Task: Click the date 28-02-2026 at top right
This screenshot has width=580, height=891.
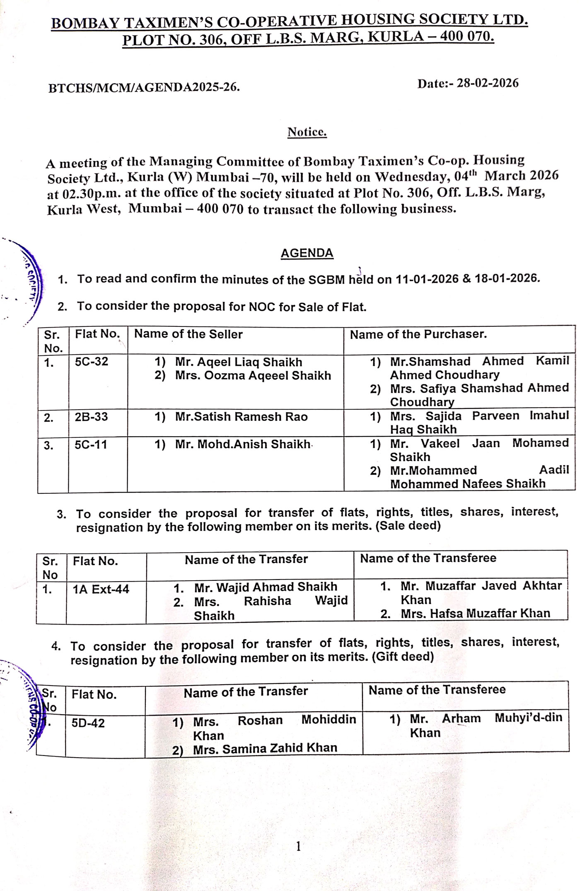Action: pyautogui.click(x=487, y=83)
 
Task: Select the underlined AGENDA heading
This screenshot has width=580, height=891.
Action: pyautogui.click(x=307, y=253)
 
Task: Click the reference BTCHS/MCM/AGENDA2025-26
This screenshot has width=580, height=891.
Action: pyautogui.click(x=144, y=88)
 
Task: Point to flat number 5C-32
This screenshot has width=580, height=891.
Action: pyautogui.click(x=92, y=362)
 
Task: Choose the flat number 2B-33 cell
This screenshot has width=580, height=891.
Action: pyautogui.click(x=91, y=417)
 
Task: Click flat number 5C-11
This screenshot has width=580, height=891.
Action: pyautogui.click(x=91, y=445)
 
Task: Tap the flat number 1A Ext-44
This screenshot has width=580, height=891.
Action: pyautogui.click(x=101, y=589)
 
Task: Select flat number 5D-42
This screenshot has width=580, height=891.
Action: pyautogui.click(x=88, y=723)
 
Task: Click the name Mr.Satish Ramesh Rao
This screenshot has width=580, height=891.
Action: pyautogui.click(x=241, y=417)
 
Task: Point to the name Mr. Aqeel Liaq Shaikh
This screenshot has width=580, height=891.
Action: pyautogui.click(x=238, y=362)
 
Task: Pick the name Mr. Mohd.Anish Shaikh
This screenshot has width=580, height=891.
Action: pyautogui.click(x=243, y=444)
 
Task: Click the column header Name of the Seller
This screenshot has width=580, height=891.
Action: pyautogui.click(x=188, y=334)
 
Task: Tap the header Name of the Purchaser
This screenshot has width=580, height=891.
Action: pyautogui.click(x=418, y=334)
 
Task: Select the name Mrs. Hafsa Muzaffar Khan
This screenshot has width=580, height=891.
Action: pyautogui.click(x=475, y=613)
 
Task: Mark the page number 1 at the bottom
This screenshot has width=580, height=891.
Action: pyautogui.click(x=299, y=846)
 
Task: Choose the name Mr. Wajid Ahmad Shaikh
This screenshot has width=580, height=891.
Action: pyautogui.click(x=266, y=587)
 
